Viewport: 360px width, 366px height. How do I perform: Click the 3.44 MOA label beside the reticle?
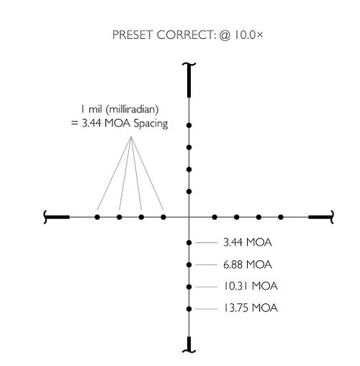click(x=248, y=242)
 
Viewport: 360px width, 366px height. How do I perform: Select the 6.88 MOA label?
click(x=248, y=264)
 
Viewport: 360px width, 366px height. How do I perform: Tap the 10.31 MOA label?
click(x=251, y=286)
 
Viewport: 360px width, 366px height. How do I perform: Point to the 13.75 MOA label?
click(x=251, y=308)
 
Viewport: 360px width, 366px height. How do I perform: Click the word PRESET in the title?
click(x=132, y=35)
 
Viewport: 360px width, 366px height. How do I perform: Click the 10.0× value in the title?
click(x=248, y=35)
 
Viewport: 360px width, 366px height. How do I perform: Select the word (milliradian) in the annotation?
click(x=132, y=110)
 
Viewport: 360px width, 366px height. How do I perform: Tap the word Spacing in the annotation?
click(x=150, y=124)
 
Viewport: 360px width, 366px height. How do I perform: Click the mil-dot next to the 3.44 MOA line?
click(x=189, y=243)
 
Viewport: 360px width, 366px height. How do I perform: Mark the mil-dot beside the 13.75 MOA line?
click(x=189, y=309)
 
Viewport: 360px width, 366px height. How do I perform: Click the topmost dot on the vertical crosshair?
click(x=189, y=125)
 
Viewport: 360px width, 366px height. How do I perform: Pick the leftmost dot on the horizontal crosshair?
click(x=97, y=217)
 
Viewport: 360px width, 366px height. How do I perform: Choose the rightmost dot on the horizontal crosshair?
click(x=281, y=217)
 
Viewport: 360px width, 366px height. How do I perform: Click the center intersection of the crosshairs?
click(x=189, y=217)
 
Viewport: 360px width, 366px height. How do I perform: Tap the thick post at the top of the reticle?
click(x=189, y=81)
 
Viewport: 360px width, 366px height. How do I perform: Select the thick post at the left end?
click(x=57, y=217)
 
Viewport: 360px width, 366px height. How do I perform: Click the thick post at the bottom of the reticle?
click(x=189, y=344)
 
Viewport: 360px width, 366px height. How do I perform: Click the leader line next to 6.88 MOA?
click(x=207, y=264)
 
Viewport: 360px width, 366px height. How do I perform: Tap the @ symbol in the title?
click(x=225, y=35)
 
